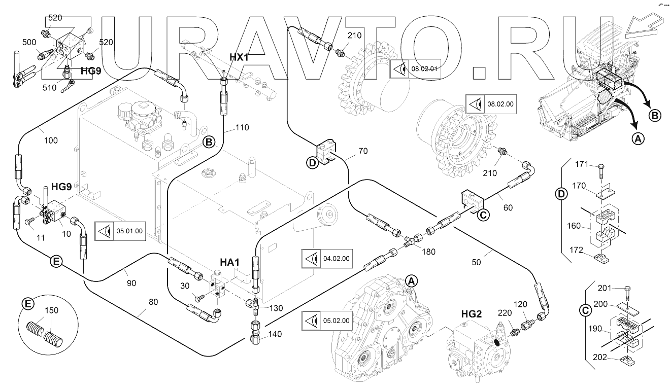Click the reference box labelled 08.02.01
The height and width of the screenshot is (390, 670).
point(415,69)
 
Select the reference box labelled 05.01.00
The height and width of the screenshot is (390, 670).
point(120,231)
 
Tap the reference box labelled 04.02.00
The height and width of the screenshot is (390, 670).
point(327,259)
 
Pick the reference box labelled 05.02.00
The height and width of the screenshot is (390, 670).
point(327,321)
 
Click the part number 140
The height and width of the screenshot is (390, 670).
point(275,334)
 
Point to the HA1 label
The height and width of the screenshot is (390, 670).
point(230,262)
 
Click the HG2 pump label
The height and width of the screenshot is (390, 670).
point(472,314)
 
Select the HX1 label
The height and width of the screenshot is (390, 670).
point(239,57)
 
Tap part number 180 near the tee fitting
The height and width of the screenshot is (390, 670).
point(428,252)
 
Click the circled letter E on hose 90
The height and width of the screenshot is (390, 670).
point(56,262)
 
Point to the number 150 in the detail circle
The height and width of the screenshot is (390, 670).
point(51,310)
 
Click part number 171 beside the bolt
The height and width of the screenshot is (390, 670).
point(582,164)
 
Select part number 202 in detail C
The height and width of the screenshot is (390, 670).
point(600,357)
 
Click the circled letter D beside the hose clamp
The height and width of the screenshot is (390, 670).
point(312,163)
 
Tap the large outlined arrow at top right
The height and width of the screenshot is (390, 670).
point(646,27)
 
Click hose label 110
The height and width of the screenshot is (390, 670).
point(242,128)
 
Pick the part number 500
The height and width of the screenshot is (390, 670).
point(29,43)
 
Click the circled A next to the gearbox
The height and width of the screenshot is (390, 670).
point(412,281)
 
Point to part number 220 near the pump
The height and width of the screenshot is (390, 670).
point(505,313)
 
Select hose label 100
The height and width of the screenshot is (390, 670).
point(51,140)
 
